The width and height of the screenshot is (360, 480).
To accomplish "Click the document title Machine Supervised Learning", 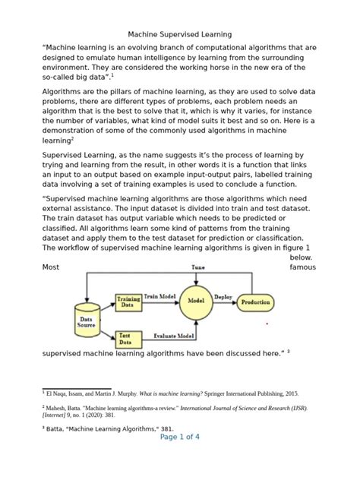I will click(x=179, y=34).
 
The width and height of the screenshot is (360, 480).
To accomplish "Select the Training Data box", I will click(x=128, y=302).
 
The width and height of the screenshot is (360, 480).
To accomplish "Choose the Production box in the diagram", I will click(x=255, y=302).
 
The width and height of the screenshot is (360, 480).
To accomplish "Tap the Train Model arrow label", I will click(x=160, y=296).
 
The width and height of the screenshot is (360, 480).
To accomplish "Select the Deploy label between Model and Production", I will click(x=223, y=297).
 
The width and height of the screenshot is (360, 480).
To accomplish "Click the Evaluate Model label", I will click(x=175, y=335).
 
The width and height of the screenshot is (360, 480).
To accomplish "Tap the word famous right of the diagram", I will click(x=302, y=268).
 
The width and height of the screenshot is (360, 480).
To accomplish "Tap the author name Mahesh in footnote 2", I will click(x=58, y=408).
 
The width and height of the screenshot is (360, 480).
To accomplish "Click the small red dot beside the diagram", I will click(x=267, y=324).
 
